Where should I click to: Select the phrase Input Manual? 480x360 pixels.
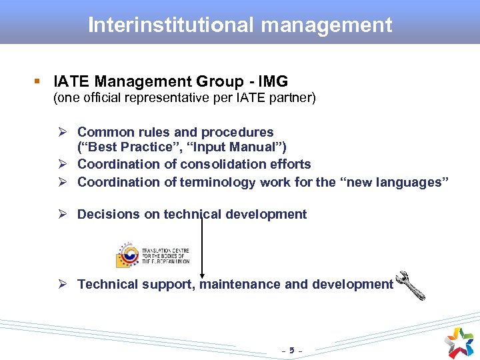pos(249,147)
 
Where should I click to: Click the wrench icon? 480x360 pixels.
pos(411,285)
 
